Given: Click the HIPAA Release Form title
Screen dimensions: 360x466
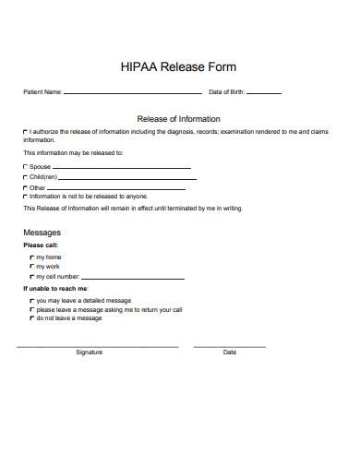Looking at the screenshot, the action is (178, 66).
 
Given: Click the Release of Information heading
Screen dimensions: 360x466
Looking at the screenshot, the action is (178, 119).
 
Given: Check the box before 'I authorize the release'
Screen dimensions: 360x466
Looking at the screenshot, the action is (25, 132).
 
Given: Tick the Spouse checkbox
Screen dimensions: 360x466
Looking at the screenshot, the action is (25, 167).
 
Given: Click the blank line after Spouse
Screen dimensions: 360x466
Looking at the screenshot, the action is (124, 168).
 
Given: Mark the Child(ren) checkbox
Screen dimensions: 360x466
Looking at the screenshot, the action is (25, 177).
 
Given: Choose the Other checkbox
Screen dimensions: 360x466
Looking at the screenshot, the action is (25, 187).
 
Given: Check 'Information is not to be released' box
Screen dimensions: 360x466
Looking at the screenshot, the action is (25, 196).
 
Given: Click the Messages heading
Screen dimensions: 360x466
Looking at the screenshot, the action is (42, 233).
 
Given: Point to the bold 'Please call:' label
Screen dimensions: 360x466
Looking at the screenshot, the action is (40, 245).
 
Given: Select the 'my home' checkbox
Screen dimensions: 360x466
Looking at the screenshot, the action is (31, 257).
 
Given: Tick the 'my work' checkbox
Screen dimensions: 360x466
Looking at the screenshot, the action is (31, 266).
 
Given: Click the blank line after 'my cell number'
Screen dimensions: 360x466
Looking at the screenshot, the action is (138, 277).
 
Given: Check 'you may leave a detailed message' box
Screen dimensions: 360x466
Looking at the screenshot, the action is (31, 301).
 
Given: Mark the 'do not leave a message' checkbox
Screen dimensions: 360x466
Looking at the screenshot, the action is (31, 318).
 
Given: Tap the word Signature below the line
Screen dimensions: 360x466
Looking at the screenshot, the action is (89, 352).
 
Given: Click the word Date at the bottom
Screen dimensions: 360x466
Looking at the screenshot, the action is (230, 352).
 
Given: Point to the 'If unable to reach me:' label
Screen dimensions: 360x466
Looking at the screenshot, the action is (55, 289).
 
